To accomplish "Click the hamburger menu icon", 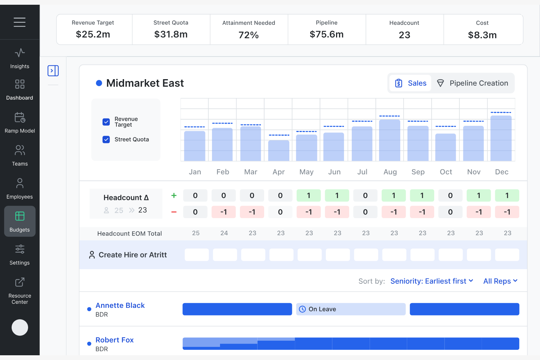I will click(20, 22).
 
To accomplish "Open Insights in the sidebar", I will click(20, 59).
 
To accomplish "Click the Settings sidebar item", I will click(20, 255).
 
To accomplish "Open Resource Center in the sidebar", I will click(20, 291).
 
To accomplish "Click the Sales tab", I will click(410, 83).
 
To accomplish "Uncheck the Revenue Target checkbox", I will click(106, 122).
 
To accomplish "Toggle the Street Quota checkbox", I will click(106, 139).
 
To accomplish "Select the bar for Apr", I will click(279, 151).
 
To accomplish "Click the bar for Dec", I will click(501, 139).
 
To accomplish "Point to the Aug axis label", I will click(390, 172).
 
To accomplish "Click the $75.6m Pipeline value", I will click(327, 34).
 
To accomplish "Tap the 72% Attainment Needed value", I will click(248, 35).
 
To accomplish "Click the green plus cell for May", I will click(309, 196).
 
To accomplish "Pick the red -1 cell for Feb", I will click(224, 212).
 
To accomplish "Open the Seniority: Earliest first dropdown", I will click(432, 281).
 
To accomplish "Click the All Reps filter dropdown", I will click(500, 281).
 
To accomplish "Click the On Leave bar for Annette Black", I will click(351, 309).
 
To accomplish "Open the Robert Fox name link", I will click(115, 340).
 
